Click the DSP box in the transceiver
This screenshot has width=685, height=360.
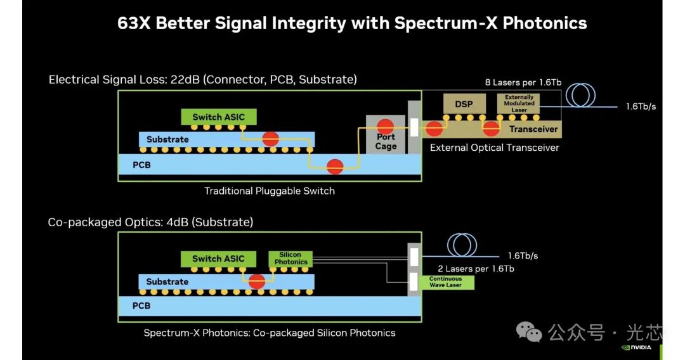(464, 105)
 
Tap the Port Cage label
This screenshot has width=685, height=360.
(386, 142)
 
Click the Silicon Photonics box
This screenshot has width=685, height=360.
(290, 259)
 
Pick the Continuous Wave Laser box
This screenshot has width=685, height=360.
(447, 282)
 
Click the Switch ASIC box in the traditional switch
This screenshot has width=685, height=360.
(219, 117)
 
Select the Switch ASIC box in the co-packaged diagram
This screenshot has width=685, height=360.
(218, 259)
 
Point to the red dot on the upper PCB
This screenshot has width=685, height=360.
(335, 166)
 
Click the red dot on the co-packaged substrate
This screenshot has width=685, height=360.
(257, 281)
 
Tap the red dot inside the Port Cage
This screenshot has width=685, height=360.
(386, 127)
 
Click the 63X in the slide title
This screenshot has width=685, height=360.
(134, 23)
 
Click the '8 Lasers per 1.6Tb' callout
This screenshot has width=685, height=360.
(523, 82)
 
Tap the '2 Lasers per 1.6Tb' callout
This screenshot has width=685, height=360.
(476, 269)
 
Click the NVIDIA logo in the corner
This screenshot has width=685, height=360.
(636, 348)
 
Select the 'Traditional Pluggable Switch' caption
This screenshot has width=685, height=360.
(270, 191)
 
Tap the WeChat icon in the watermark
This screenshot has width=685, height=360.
(529, 332)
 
